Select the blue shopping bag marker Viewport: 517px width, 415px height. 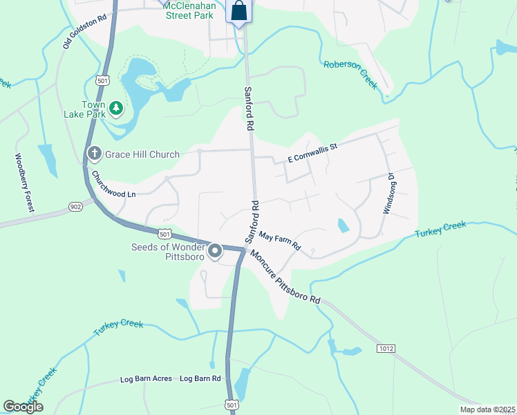(238, 12)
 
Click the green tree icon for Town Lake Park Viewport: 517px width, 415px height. (117, 107)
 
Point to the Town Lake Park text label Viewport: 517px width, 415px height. (93, 109)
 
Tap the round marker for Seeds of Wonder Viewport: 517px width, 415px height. (216, 250)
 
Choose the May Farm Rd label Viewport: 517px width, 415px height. (279, 241)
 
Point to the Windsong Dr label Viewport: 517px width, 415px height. (388, 193)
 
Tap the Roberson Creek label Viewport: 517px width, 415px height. (350, 74)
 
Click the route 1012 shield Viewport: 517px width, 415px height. (386, 349)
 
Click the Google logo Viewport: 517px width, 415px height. (23, 407)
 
